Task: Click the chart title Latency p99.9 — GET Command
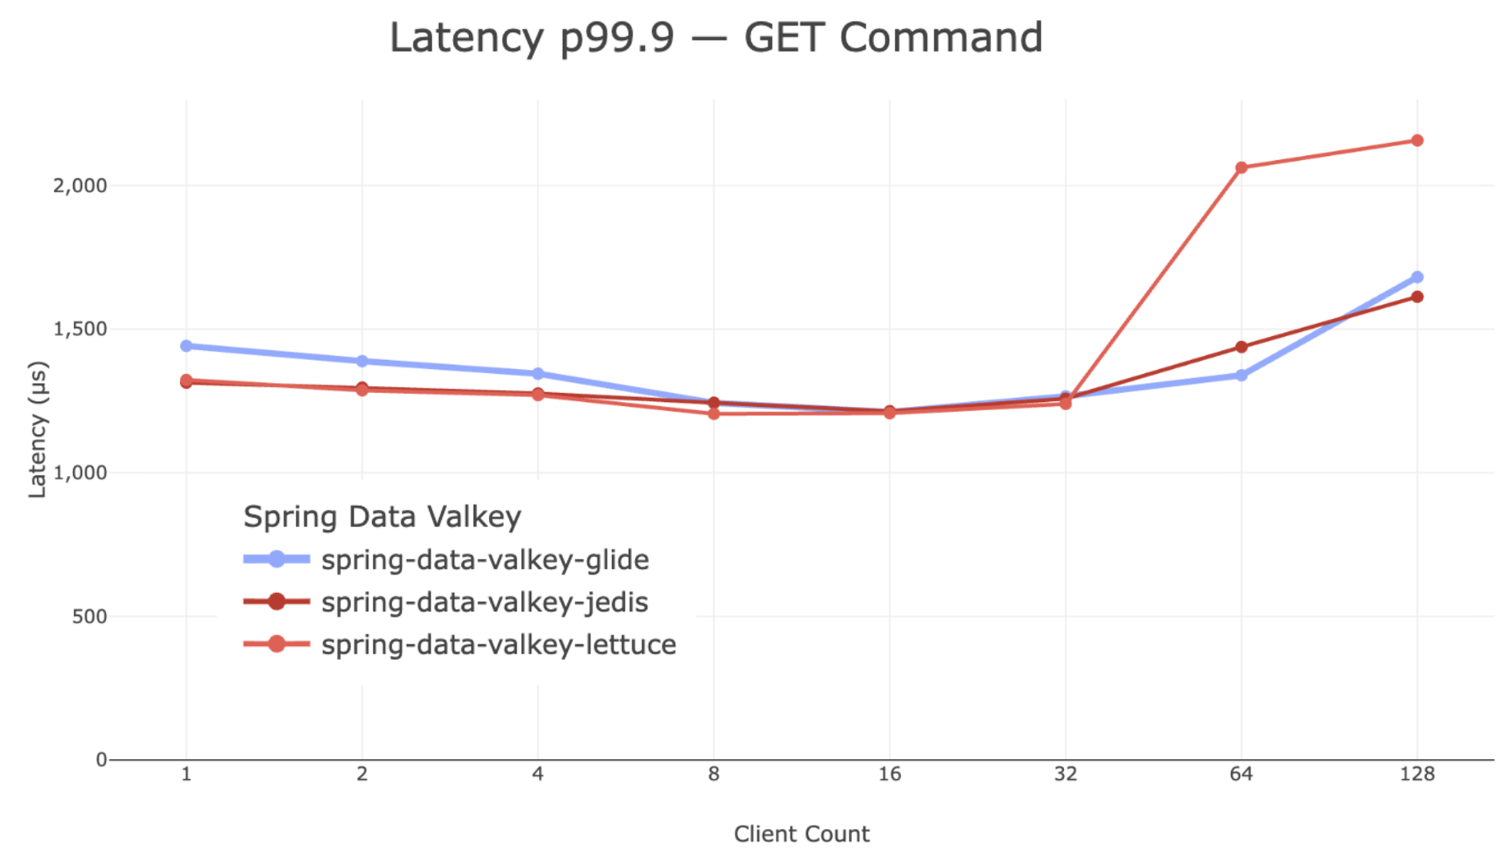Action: (716, 37)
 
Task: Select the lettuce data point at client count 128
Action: (1416, 141)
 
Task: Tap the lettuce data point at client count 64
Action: (1241, 168)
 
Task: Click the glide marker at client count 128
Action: (1416, 277)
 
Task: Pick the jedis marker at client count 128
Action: (1416, 297)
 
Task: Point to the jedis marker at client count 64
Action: (1241, 347)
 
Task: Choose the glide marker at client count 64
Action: (1241, 375)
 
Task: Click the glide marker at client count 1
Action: (186, 346)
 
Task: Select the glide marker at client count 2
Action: (362, 361)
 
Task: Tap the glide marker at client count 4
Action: (538, 374)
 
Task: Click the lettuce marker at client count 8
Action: (713, 414)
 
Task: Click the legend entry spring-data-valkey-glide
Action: (484, 560)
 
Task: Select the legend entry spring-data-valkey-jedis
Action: (484, 602)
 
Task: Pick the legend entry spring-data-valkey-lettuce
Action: (498, 645)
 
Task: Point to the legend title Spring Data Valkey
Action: (382, 517)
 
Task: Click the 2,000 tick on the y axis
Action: (80, 185)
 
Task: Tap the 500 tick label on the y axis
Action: (89, 616)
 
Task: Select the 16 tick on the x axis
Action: (890, 774)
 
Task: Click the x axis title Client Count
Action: (801, 834)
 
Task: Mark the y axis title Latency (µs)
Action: (37, 429)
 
